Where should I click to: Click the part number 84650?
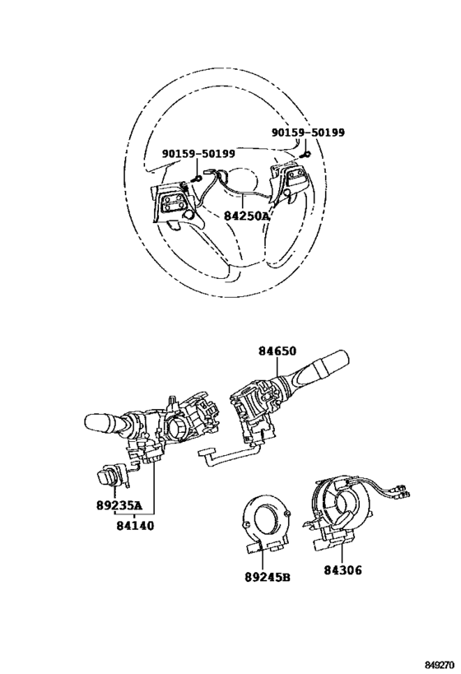coord(277,351)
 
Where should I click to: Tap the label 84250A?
coord(247,216)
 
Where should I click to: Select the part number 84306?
coord(342,570)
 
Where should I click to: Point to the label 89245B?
coord(268,577)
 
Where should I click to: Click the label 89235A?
coord(119,505)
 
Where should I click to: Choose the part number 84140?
coord(135,525)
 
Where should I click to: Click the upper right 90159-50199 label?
coord(308,132)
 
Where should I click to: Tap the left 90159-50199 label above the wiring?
coord(198,153)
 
